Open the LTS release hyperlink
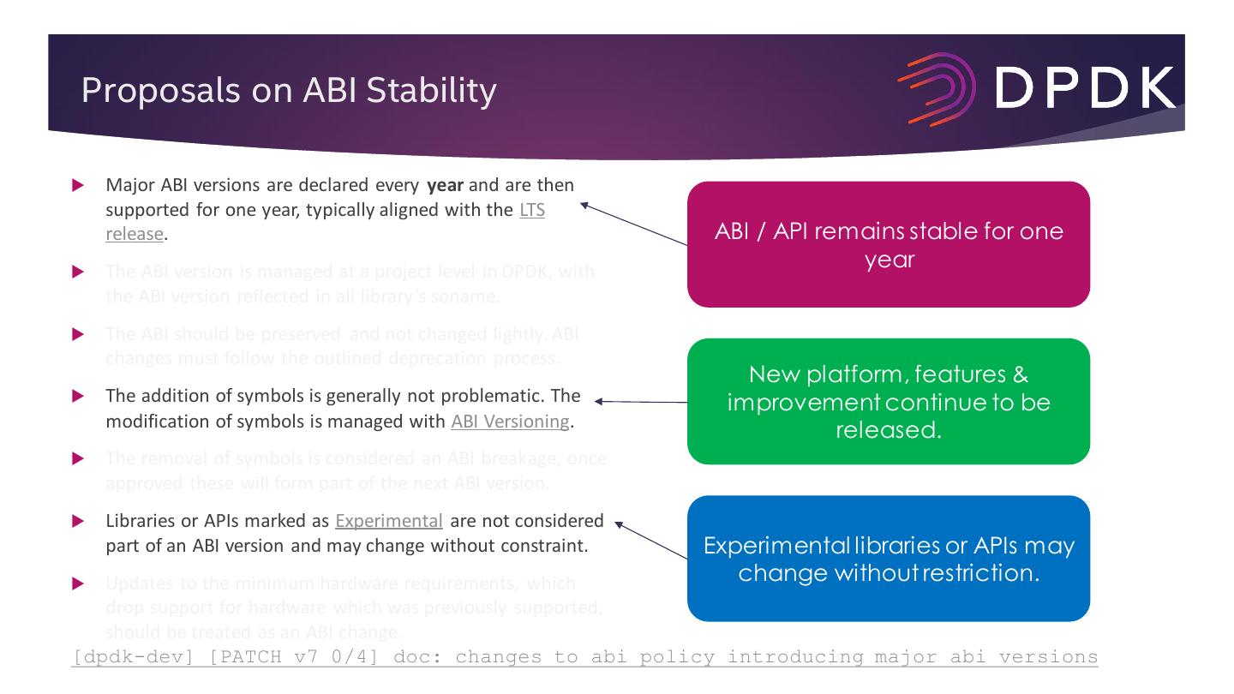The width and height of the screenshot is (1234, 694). click(532, 210)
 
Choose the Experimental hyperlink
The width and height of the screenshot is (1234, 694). click(390, 520)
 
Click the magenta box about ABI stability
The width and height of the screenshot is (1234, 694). click(888, 244)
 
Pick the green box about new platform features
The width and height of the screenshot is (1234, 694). click(888, 401)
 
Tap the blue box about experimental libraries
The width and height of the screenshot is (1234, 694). click(888, 558)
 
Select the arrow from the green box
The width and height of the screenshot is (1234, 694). click(640, 401)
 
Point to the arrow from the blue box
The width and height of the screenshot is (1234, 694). click(651, 541)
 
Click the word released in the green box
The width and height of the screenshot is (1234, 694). click(888, 428)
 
